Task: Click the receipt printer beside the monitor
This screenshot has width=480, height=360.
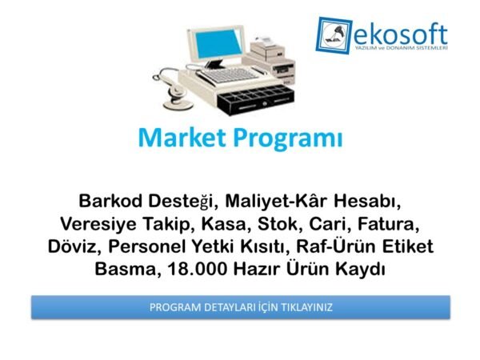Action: click(271, 54)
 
